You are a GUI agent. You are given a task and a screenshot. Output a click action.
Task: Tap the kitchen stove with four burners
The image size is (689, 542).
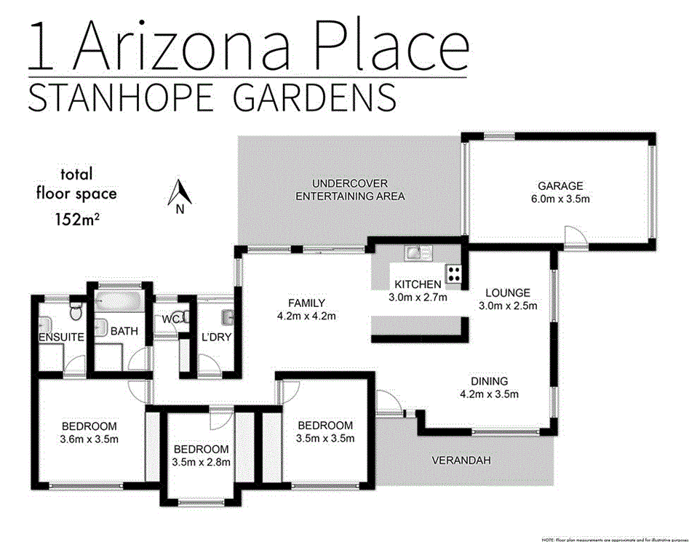455,274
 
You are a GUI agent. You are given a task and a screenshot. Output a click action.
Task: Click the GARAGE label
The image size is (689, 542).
560,186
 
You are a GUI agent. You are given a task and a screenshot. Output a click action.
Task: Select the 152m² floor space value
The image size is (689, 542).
77,217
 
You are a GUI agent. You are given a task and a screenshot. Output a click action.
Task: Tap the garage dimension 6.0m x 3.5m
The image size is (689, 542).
560,198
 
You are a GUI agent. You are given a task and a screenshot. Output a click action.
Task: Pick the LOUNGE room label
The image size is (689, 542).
508,293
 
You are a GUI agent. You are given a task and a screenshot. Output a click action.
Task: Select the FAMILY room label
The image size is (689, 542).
306,303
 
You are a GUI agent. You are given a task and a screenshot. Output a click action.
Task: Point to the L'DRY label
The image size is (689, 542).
215,337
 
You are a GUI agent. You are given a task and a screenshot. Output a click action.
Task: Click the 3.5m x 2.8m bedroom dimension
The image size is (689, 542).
201,462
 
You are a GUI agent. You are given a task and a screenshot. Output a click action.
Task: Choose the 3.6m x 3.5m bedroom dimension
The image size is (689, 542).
89,439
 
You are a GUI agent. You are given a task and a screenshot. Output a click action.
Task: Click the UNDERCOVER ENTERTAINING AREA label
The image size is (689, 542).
350,190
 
